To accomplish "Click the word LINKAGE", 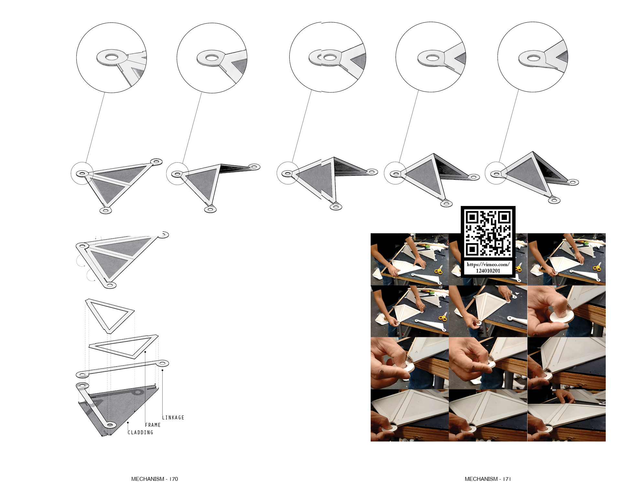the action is [x=173, y=417].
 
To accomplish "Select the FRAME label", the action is [x=153, y=425].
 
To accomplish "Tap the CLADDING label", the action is [x=140, y=432].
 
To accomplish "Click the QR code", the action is [x=488, y=233].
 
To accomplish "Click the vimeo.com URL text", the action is [x=488, y=267].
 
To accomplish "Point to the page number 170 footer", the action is [x=155, y=479].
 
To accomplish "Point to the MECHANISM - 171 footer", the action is [x=488, y=479].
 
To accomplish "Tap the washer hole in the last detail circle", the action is [x=534, y=58].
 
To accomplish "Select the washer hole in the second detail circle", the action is [x=212, y=58].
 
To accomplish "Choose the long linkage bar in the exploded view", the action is [x=122, y=368].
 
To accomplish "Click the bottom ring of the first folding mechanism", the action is [x=105, y=211].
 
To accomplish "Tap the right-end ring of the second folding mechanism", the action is [x=254, y=167].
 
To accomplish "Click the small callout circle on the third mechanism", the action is [x=287, y=173].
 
